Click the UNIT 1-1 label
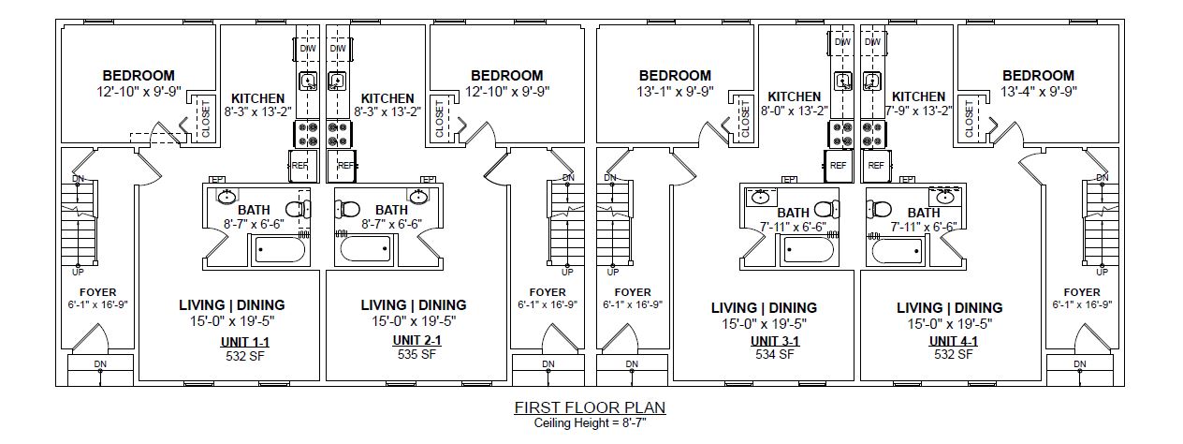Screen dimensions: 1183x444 tap(245, 342)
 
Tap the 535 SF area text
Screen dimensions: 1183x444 tap(416, 354)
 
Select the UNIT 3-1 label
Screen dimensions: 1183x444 tap(775, 341)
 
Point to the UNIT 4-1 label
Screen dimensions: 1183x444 tap(954, 341)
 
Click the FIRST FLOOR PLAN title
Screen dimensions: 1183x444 tap(590, 407)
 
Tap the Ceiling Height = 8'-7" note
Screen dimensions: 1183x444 tap(590, 422)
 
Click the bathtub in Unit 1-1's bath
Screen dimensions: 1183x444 tap(280, 250)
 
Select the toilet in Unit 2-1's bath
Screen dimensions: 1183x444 tap(347, 209)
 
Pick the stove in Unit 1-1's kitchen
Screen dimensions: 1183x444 tap(306, 134)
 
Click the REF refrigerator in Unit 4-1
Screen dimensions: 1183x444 tap(876, 166)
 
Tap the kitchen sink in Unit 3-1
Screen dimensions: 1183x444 tap(843, 81)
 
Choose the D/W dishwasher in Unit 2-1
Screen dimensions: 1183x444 tap(338, 49)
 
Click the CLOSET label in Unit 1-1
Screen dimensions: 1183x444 tap(206, 118)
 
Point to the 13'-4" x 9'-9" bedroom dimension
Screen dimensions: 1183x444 tap(1038, 92)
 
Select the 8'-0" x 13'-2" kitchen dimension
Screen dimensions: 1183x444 tap(795, 111)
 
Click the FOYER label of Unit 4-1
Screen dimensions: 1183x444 tap(1082, 292)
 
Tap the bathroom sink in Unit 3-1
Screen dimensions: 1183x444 tap(760, 199)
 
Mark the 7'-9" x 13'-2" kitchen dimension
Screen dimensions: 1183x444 tap(919, 111)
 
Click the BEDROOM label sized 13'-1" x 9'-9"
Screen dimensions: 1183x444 tap(675, 76)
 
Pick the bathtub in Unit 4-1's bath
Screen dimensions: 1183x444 tap(897, 250)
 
